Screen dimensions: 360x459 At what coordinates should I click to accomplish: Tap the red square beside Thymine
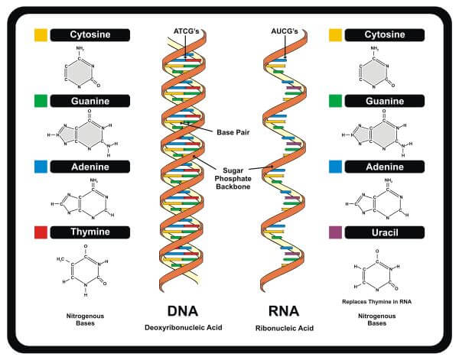(x=41, y=232)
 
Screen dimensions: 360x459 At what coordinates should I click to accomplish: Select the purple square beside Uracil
(x=335, y=232)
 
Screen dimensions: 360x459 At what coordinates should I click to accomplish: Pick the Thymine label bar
(x=90, y=232)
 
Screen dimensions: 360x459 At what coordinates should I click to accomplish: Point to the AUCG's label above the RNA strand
(x=284, y=31)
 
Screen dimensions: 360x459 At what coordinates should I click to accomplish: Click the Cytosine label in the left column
(x=90, y=34)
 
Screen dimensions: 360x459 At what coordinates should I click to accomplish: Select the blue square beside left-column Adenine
(x=41, y=166)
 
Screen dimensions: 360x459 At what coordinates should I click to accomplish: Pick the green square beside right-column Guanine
(x=335, y=100)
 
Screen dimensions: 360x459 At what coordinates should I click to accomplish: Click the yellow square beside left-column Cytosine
(x=41, y=34)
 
